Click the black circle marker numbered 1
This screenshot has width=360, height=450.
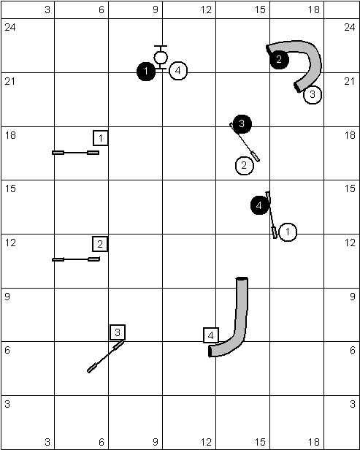[146, 72]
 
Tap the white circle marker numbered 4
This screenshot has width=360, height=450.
[178, 71]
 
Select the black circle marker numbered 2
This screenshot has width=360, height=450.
[279, 60]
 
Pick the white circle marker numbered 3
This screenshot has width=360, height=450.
[313, 95]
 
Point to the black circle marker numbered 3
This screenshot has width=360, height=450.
[242, 123]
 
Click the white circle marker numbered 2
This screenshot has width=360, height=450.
[245, 166]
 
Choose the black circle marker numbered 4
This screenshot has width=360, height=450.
[260, 205]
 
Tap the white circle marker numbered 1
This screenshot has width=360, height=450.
[288, 232]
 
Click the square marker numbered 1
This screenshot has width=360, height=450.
[101, 138]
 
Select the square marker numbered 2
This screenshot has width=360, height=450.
[100, 244]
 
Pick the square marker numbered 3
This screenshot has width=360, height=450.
[118, 332]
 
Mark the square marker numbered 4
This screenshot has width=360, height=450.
[211, 335]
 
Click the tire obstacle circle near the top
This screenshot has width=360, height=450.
[161, 58]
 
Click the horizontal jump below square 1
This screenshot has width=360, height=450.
[76, 153]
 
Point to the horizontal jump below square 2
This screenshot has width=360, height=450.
[76, 259]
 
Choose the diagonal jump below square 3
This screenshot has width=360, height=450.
[106, 356]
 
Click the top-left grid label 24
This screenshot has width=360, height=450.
[10, 28]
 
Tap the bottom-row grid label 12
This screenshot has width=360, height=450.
[206, 442]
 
